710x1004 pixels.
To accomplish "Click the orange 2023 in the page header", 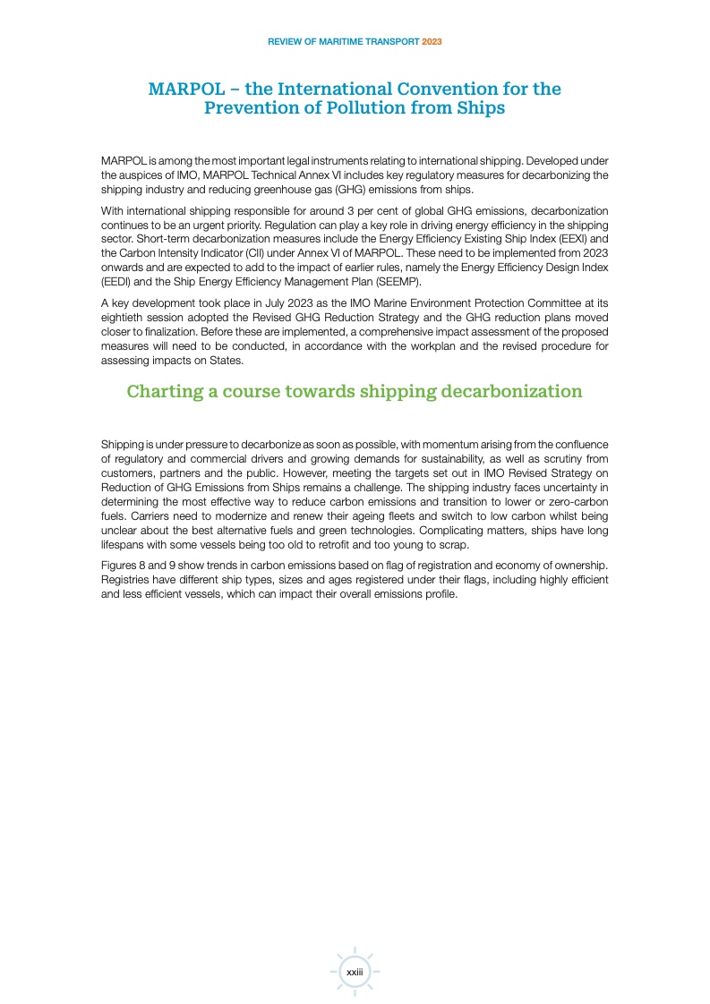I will pos(432,41).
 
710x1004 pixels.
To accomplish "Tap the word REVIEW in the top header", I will pos(286,41).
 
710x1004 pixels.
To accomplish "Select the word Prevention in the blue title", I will pos(252,108).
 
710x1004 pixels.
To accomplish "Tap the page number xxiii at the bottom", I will pos(355,971).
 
